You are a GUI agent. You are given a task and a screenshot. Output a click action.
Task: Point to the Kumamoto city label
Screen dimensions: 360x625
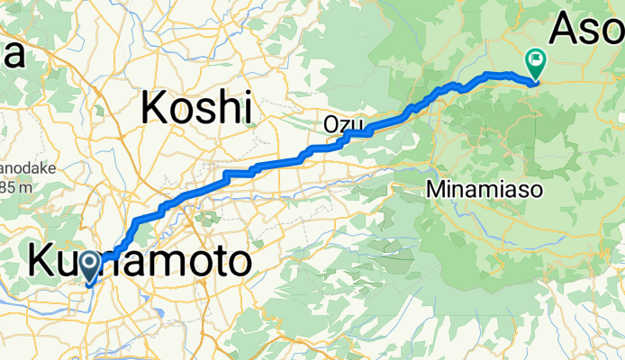pos(140,262)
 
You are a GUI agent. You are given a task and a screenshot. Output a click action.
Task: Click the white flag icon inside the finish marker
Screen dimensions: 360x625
pos(536,60)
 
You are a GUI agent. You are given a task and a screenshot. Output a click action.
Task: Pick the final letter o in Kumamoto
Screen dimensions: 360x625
pos(235,264)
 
